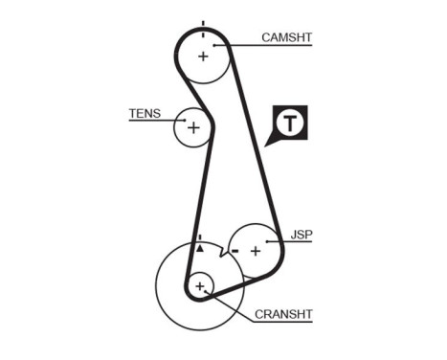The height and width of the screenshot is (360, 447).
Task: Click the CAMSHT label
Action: coord(287,37)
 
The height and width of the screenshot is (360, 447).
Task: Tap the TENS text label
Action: coord(145,113)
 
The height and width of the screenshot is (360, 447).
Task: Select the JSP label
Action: coord(302,234)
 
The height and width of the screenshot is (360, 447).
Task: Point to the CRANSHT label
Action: coord(283,313)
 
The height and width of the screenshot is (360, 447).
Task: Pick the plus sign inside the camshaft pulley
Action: coord(203,56)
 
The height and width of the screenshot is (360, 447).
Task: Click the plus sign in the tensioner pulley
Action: coord(193,126)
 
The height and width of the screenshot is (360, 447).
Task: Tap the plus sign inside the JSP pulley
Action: coord(256,251)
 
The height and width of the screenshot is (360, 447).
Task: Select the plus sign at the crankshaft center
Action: coord(200,285)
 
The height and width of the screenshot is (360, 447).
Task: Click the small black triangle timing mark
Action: coord(200,247)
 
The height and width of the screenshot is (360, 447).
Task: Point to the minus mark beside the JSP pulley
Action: coord(234,250)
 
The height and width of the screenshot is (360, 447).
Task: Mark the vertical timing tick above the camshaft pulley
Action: coord(203,24)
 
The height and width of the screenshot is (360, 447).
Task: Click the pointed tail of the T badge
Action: coord(270,142)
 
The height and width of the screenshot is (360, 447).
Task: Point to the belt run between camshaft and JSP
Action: coord(253,144)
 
